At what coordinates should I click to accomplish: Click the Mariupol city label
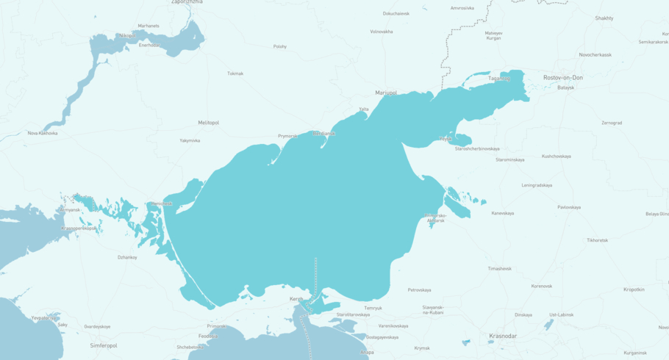(x=385, y=93)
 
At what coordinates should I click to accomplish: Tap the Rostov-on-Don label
(x=562, y=77)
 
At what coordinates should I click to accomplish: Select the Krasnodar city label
(x=503, y=336)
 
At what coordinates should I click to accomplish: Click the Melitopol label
(x=208, y=123)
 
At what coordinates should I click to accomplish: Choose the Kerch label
(x=296, y=299)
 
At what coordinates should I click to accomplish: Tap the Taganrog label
(x=499, y=79)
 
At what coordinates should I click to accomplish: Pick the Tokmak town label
(x=235, y=73)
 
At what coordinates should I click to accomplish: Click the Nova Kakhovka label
(x=43, y=133)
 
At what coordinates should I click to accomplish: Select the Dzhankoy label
(x=127, y=257)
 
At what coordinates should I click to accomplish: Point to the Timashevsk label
(x=499, y=268)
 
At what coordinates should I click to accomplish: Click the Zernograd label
(x=611, y=123)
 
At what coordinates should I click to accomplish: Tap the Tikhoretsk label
(x=597, y=240)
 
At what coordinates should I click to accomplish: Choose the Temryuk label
(x=373, y=308)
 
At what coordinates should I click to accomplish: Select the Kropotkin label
(x=634, y=289)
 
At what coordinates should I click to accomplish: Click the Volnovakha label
(x=381, y=32)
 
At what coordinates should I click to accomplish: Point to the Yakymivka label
(x=190, y=140)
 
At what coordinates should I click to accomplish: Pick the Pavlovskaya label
(x=568, y=207)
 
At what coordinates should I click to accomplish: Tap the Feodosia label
(x=208, y=336)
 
